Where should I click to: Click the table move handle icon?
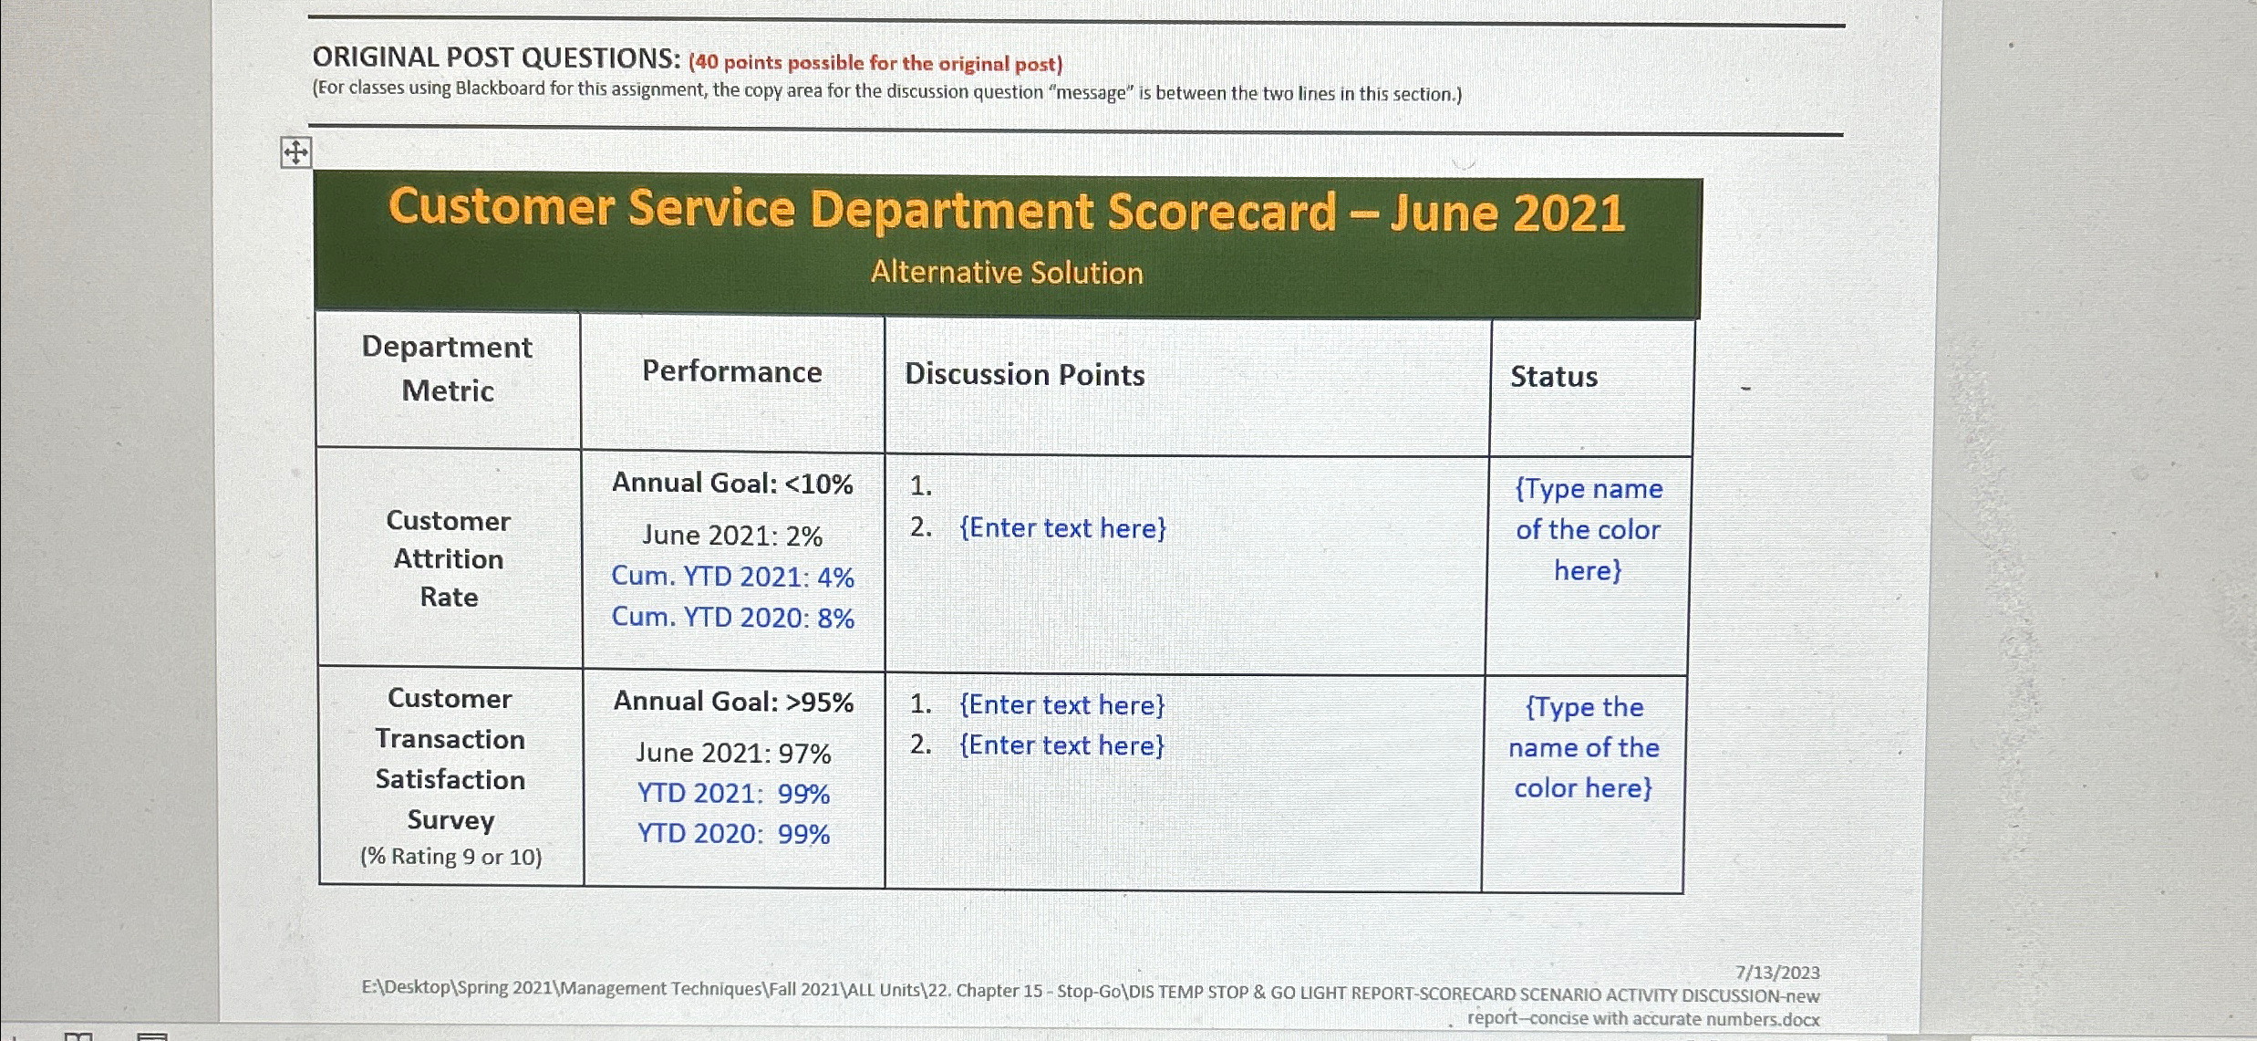pyautogui.click(x=295, y=152)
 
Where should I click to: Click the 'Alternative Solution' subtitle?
pyautogui.click(x=1007, y=273)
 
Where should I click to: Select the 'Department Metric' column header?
pyautogui.click(x=447, y=369)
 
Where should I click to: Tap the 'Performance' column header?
pyautogui.click(x=731, y=371)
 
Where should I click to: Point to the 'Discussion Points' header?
pyautogui.click(x=1024, y=375)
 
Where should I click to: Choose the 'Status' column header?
pyautogui.click(x=1553, y=377)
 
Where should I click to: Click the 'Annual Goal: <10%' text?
pyautogui.click(x=732, y=483)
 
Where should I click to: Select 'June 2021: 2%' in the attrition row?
pyautogui.click(x=732, y=536)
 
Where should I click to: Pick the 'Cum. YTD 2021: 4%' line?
pyautogui.click(x=732, y=577)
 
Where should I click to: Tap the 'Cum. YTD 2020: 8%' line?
pyautogui.click(x=732, y=618)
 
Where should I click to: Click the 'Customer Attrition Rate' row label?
pyautogui.click(x=448, y=558)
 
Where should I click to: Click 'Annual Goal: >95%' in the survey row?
pyautogui.click(x=733, y=702)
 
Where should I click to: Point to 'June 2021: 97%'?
pyautogui.click(x=733, y=754)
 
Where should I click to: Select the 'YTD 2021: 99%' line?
pyautogui.click(x=733, y=794)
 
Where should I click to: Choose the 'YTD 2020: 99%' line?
pyautogui.click(x=733, y=834)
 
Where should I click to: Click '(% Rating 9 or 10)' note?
pyautogui.click(x=450, y=857)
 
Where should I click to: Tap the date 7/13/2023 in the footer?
pyautogui.click(x=1776, y=973)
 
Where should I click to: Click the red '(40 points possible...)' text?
pyautogui.click(x=875, y=63)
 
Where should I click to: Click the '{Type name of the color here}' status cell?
pyautogui.click(x=1588, y=529)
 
